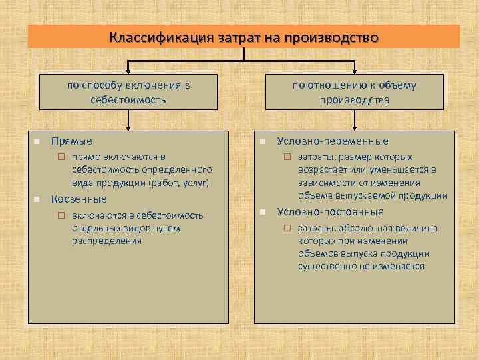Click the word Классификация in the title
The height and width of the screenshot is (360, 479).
(x=149, y=37)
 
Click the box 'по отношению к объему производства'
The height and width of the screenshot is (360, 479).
(x=354, y=92)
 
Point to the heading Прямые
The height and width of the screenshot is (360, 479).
(x=72, y=141)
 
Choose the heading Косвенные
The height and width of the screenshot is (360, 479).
(x=79, y=199)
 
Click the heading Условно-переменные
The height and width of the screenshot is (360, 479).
(x=333, y=141)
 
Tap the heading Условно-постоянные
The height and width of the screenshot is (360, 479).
(x=331, y=212)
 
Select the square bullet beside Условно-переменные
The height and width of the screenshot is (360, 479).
(x=263, y=141)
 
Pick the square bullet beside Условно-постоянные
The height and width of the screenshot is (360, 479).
(x=263, y=212)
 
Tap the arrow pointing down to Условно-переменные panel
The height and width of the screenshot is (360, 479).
(x=354, y=123)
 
